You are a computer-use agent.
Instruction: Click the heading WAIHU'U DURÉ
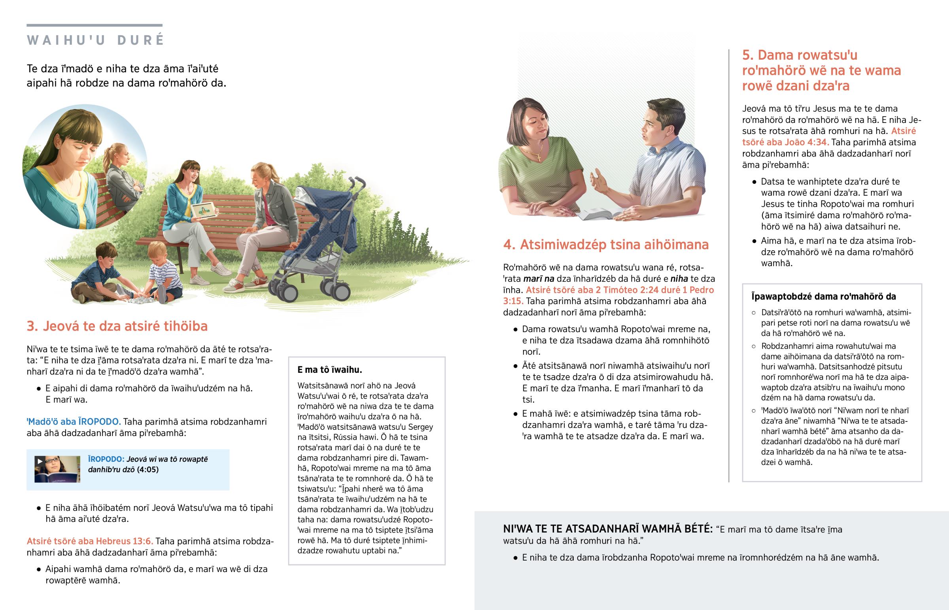tap(95, 40)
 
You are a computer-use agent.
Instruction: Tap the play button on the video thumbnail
tap(40, 461)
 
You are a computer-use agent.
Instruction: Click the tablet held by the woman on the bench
tap(203, 210)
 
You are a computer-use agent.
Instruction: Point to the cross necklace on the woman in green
tap(539, 157)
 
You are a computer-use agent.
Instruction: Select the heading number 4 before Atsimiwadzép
tap(509, 245)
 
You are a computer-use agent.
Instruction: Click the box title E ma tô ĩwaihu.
tap(329, 370)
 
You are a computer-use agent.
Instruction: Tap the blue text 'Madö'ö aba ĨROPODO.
tap(74, 421)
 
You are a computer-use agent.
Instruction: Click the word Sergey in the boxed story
tap(420, 427)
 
